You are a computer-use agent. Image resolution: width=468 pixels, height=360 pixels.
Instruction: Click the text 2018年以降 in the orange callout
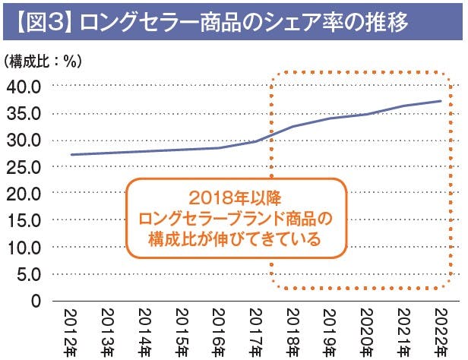(234, 200)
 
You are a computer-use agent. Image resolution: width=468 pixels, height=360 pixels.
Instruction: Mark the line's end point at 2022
(441, 101)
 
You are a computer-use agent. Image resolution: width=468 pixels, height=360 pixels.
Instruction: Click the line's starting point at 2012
(70, 155)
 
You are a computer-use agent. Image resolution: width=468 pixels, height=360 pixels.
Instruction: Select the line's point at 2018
(292, 126)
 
